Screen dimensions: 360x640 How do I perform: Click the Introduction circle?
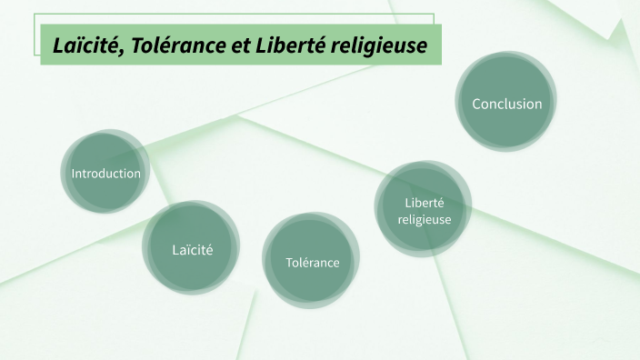(x=106, y=173)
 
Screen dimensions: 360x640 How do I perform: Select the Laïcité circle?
(x=192, y=248)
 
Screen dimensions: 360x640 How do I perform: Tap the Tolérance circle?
(x=312, y=262)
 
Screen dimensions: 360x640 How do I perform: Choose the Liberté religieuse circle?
(x=424, y=210)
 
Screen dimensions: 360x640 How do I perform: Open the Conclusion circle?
(x=506, y=104)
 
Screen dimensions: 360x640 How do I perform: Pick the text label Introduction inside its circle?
(x=106, y=174)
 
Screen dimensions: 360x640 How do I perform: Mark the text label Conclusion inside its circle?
(x=506, y=104)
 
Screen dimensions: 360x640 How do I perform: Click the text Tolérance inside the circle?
(x=312, y=263)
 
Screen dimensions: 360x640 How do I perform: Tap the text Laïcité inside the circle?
(x=192, y=249)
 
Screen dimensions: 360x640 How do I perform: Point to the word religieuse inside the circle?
(x=424, y=219)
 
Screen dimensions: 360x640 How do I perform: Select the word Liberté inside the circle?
(x=424, y=202)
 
